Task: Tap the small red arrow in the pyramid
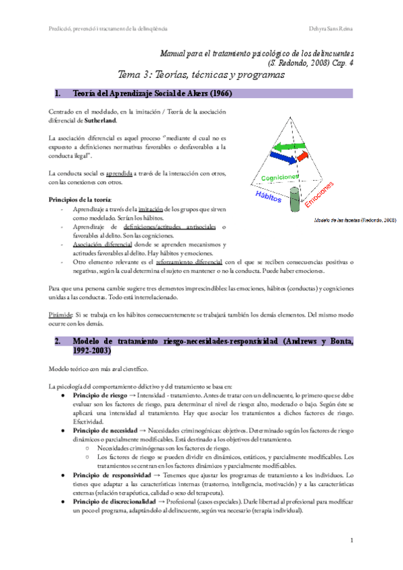pos(302,157)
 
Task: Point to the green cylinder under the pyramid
pos(294,202)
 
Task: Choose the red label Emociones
pos(318,194)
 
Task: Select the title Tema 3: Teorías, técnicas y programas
pos(201,75)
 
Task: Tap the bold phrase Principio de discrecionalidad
pos(109,501)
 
